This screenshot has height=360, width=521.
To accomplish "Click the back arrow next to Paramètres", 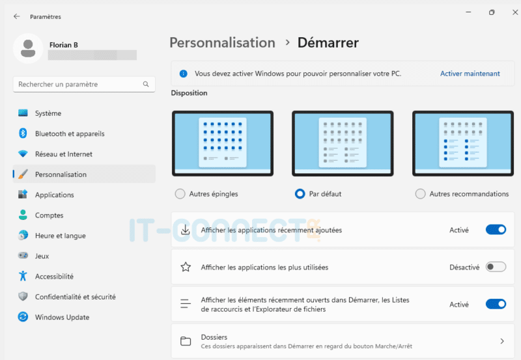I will pos(16,16).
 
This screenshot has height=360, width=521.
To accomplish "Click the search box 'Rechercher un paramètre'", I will pos(78,84).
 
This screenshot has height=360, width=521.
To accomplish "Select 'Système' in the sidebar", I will pos(48,113).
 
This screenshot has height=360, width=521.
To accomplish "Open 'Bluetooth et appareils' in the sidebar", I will pos(69,133).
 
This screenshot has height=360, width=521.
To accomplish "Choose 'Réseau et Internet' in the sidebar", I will pos(63,154).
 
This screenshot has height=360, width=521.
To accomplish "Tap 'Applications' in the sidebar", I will pos(54,195).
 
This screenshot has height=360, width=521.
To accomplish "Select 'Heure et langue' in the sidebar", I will pos(60,236).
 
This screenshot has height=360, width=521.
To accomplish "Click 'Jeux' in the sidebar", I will pos(42,256).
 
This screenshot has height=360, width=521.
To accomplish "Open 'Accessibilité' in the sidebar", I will pos(54,277).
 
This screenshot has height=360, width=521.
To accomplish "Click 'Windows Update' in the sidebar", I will pos(62,317).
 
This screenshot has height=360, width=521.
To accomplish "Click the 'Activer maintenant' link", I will pos(470,74).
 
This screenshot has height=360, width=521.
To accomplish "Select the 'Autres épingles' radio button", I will pos(180,194).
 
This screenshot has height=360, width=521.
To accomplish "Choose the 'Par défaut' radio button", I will pos(300,194).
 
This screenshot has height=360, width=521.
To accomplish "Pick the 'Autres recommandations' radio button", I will pos(421,194).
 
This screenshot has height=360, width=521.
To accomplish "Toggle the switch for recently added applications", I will pos(496,230).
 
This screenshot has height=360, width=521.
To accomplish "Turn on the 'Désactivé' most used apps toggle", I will pos(496,267).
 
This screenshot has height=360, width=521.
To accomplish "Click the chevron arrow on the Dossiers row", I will pos(502,341).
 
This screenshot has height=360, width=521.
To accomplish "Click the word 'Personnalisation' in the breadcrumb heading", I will pos(222,43).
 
